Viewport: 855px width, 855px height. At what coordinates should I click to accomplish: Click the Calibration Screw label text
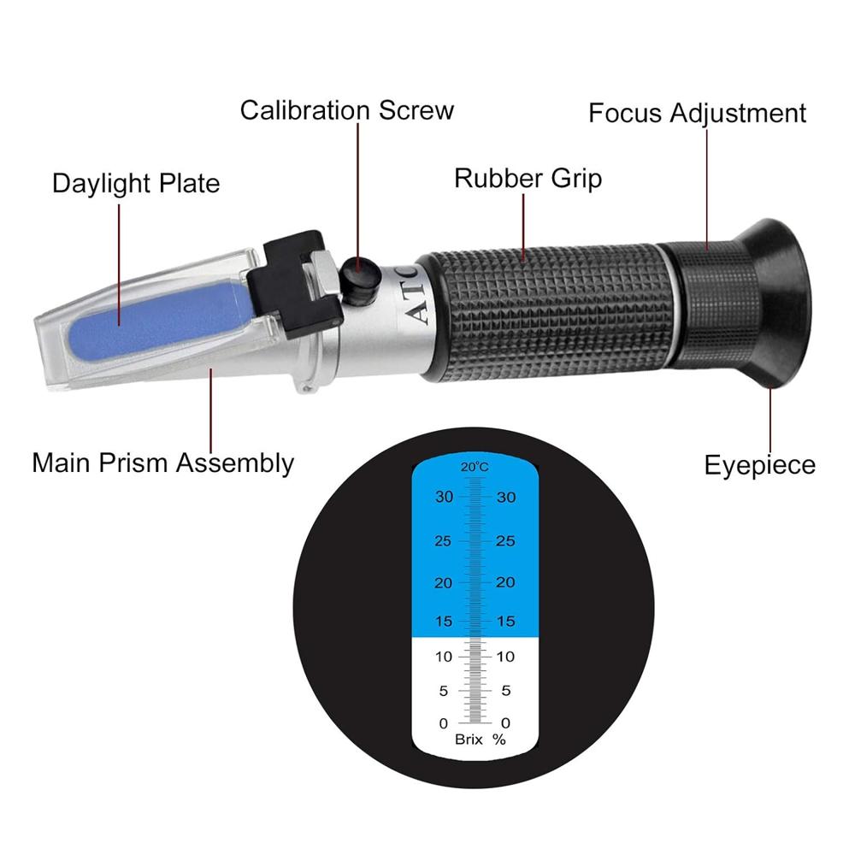346,110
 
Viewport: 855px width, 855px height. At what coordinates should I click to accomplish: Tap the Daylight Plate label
136,183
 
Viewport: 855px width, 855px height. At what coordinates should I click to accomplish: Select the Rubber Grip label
528,178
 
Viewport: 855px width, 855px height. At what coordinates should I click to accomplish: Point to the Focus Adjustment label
697,113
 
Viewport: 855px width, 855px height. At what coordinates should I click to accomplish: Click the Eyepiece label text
759,465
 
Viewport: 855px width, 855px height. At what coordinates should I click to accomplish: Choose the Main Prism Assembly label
162,463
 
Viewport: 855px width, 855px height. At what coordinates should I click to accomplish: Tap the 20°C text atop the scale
475,467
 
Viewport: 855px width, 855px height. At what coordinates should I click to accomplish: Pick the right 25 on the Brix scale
505,540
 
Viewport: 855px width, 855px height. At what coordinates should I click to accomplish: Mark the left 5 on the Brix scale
442,690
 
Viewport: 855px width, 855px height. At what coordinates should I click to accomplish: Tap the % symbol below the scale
499,740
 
